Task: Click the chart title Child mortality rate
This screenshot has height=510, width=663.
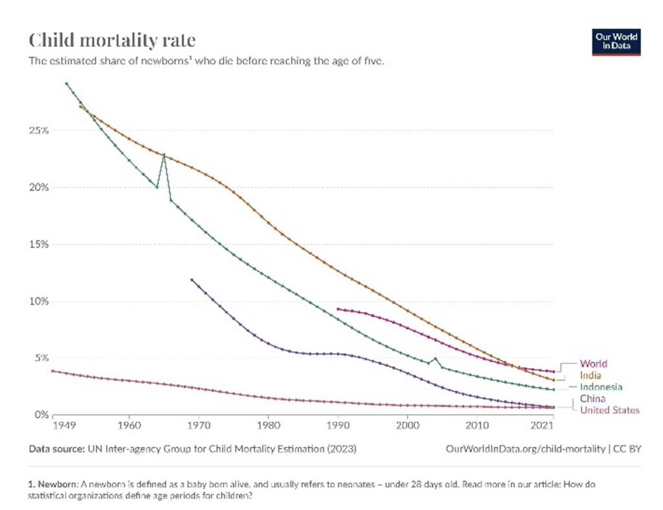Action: pos(112,41)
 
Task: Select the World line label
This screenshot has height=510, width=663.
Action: pos(593,364)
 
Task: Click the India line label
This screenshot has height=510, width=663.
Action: pos(590,375)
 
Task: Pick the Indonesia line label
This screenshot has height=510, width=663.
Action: pos(601,387)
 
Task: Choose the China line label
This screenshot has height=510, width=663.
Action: pos(592,399)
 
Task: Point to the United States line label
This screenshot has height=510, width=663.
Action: pos(609,410)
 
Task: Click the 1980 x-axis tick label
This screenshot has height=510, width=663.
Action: pos(268,426)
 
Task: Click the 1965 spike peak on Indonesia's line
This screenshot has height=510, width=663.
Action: pos(164,155)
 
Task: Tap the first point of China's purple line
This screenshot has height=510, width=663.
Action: pos(192,279)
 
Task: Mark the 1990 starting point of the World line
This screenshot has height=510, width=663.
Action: pos(338,309)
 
